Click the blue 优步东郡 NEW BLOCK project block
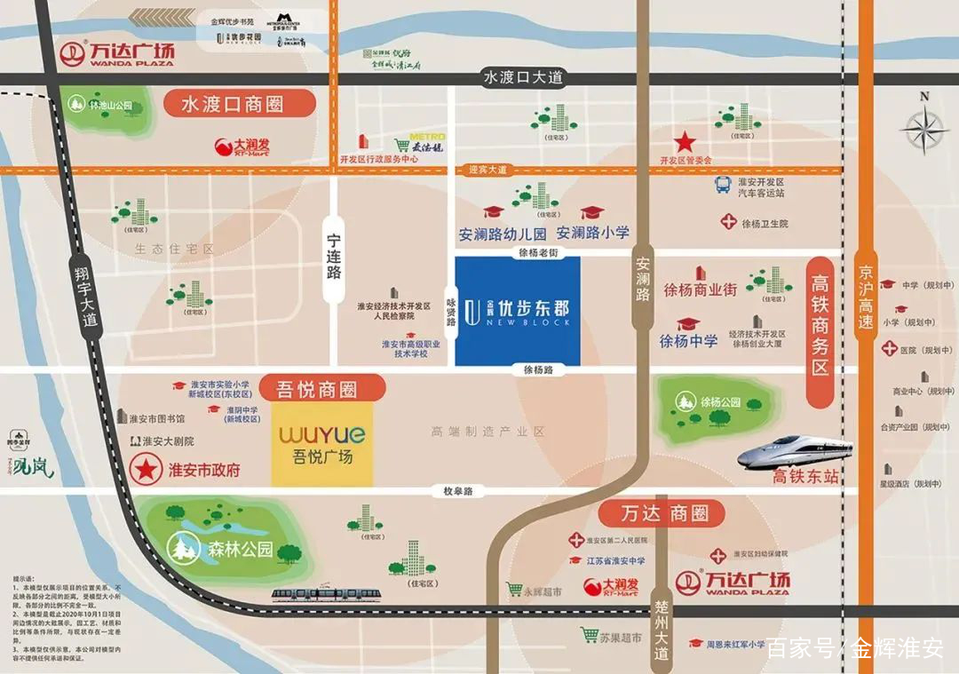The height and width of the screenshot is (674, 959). click(518, 311)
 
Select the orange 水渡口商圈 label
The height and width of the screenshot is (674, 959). click(239, 104)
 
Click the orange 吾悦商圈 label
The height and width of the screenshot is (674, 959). click(323, 388)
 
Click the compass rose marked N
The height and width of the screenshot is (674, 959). click(923, 129)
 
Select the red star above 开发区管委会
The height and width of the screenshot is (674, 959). click(685, 142)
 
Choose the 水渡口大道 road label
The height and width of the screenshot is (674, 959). click(523, 77)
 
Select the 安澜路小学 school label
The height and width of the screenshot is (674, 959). click(592, 234)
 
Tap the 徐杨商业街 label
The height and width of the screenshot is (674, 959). click(700, 289)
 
